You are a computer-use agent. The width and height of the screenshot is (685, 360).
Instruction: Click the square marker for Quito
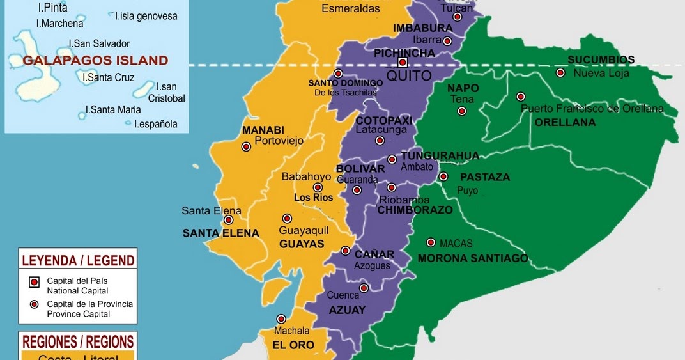pos(403,62)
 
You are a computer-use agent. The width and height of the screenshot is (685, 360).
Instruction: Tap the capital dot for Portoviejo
pos(246,146)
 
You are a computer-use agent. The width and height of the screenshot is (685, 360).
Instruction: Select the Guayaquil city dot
pos(287,219)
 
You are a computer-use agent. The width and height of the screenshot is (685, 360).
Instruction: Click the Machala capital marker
pos(281,319)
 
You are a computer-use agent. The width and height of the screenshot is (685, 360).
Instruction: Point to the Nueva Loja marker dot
pos(560,73)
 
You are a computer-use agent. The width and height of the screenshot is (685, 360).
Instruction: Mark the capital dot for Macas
pos(431,242)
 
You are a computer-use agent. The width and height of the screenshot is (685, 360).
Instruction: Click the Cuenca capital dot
pos(364,288)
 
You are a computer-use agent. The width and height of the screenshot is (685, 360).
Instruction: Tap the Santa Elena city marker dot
pos(228,220)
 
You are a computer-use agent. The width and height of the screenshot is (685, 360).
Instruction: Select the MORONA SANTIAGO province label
pos(473,258)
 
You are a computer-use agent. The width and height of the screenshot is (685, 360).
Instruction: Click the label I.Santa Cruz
pos(109,77)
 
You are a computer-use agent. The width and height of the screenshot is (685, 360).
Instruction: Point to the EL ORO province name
pos(293,345)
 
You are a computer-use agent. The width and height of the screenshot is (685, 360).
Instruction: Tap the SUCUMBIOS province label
pos(601,60)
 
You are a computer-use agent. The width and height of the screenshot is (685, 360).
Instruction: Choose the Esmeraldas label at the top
pos(351,8)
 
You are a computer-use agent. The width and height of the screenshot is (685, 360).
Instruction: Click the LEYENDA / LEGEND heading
pos(78,260)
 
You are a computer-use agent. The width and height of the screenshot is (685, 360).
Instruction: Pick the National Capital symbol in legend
pos(34,282)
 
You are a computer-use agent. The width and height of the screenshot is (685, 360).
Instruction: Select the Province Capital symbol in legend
pos(34,304)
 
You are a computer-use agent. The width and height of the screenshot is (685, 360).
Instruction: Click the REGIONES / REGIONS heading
pos(78,341)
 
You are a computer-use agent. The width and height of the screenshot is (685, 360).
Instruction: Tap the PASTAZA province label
pos(485,177)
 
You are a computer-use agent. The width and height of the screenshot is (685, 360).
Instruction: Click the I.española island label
pos(156,124)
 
